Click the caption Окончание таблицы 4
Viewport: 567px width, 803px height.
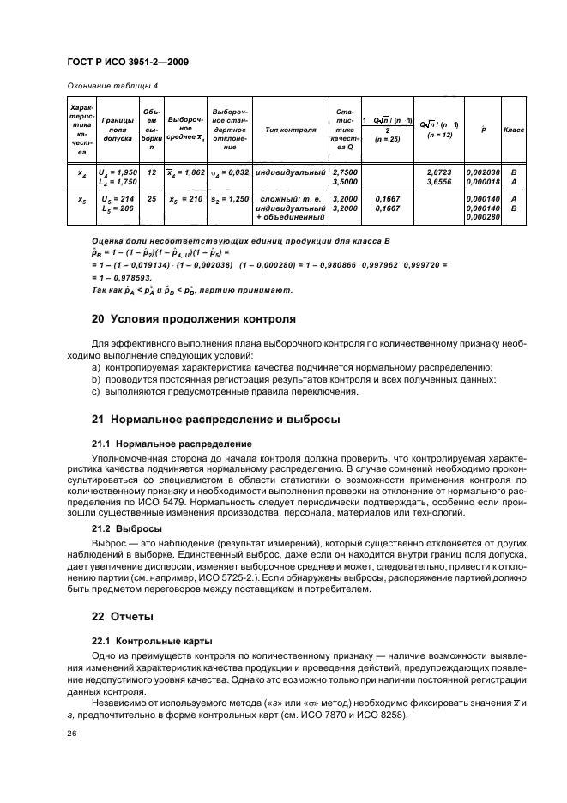107,86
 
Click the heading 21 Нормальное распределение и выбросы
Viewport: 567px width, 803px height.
215,420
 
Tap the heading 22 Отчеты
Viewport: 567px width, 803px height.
122,616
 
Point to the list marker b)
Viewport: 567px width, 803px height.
96,379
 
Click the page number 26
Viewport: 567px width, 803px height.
70,734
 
